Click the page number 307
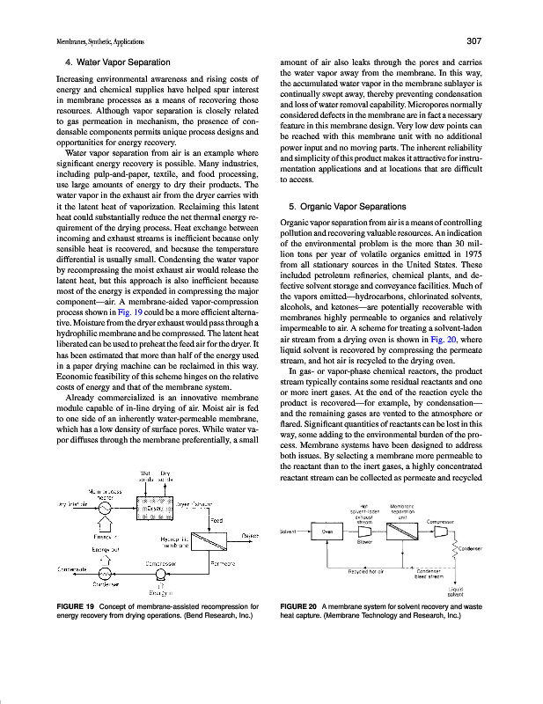471,41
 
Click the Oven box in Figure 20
327,532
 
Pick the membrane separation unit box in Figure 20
403,532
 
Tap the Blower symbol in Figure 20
363,532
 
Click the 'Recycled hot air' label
364,571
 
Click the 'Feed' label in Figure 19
216,519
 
